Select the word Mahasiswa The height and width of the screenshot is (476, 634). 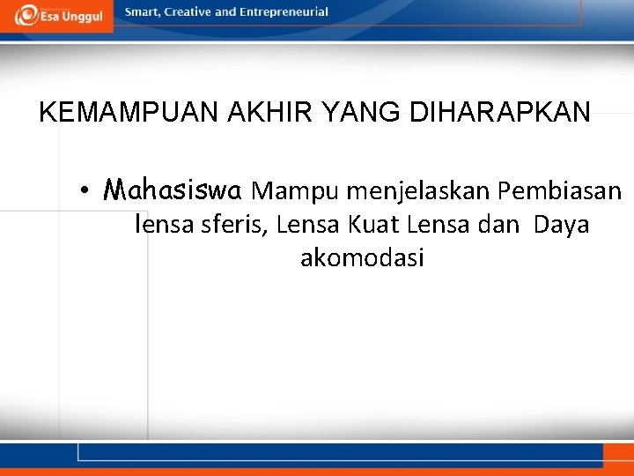pos(173,190)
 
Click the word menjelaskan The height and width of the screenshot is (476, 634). pos(418,191)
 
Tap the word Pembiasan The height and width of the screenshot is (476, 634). pos(560,190)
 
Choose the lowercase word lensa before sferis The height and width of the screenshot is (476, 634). pos(160,225)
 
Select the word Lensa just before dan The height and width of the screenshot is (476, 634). pos(440,225)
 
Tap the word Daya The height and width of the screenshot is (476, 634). pos(561,226)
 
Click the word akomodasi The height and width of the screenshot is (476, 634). pos(362,258)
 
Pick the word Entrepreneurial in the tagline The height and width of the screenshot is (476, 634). pos(287,12)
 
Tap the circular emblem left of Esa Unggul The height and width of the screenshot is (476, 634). pos(26,14)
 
